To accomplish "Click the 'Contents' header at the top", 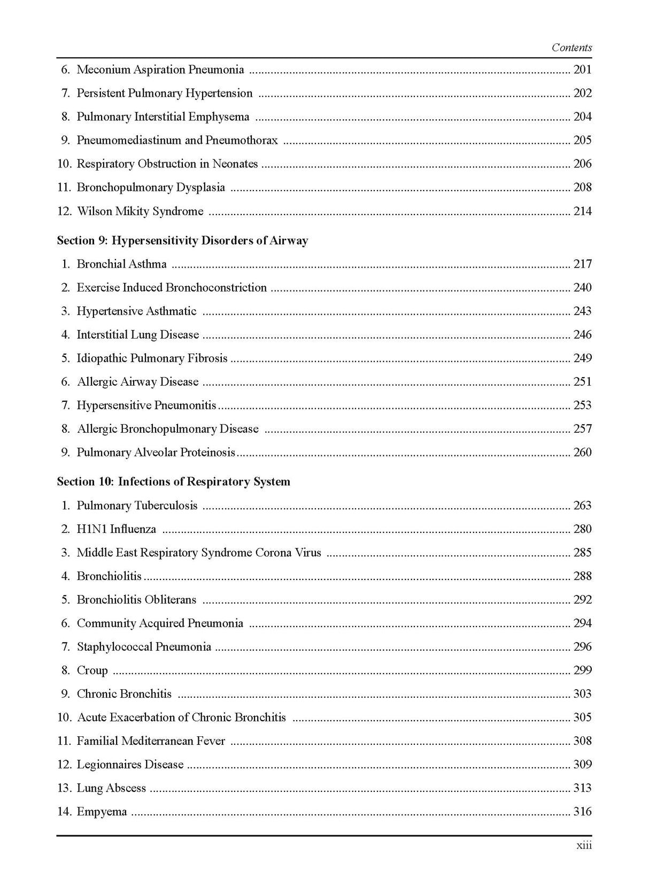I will coord(571,48).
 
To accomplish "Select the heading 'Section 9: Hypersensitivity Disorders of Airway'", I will coord(182,241).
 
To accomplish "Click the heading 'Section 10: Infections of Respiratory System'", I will coord(173,482).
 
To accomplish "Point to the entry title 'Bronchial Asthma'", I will coord(121,264).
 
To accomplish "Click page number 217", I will coord(582,264).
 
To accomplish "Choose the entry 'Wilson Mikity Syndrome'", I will coord(140,211).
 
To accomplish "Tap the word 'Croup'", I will coord(92,670).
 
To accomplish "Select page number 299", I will coord(582,670).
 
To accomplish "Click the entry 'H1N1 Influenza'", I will coord(116,529).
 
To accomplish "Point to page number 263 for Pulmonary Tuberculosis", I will coord(582,506).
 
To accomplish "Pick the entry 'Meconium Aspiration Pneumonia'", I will coord(160,70).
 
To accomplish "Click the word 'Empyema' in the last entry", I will coord(102,812).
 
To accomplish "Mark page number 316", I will coord(582,812).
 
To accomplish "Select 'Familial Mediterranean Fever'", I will coord(151,741).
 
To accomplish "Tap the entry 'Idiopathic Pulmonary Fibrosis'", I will coord(152,358).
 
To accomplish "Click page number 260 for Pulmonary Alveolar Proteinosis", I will coord(582,453).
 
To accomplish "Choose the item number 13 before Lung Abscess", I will coord(64,788).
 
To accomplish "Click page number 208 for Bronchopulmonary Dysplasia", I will coord(582,187).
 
